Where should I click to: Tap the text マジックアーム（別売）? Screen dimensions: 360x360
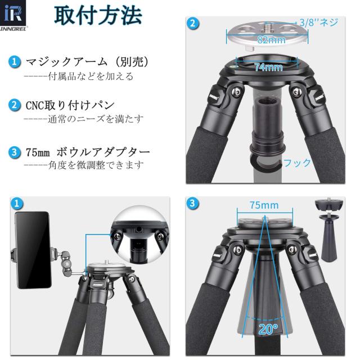click(x=88, y=61)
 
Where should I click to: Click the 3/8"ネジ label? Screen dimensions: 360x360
click(x=318, y=23)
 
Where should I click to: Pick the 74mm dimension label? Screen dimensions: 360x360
click(x=268, y=67)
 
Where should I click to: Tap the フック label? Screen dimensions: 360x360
click(x=297, y=163)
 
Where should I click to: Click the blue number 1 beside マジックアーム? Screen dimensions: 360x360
click(x=16, y=61)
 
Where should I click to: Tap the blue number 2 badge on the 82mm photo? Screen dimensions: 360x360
click(x=193, y=23)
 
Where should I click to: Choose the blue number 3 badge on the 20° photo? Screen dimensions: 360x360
click(x=193, y=203)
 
